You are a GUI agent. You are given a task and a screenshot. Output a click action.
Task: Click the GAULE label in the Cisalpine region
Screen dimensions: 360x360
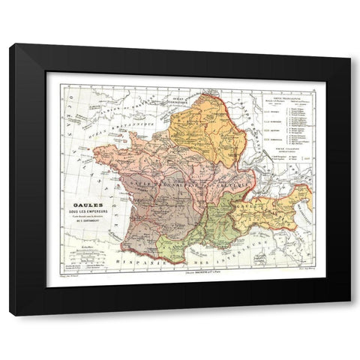tap(243, 206)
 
